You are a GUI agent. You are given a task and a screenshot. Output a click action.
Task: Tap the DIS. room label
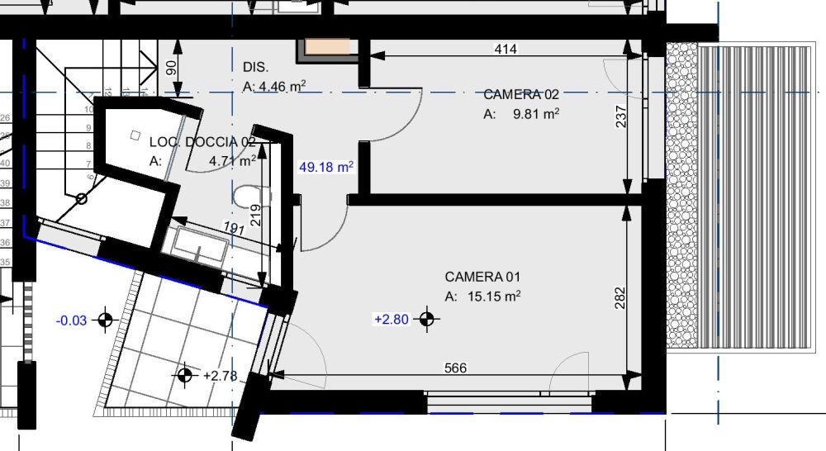(x=257, y=66)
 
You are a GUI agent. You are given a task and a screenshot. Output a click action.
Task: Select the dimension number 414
(x=505, y=50)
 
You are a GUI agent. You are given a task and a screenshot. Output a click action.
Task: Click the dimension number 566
(x=456, y=368)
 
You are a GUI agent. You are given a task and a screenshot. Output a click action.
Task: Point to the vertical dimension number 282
(x=620, y=297)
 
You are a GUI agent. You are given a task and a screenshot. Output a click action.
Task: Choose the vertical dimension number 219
(x=255, y=215)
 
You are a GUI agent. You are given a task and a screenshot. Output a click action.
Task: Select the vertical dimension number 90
(x=171, y=68)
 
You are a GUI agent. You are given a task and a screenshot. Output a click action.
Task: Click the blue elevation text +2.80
(x=392, y=319)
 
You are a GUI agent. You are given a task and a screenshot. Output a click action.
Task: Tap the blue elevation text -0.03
(x=72, y=320)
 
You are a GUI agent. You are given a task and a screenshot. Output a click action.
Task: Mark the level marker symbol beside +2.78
(x=185, y=376)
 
